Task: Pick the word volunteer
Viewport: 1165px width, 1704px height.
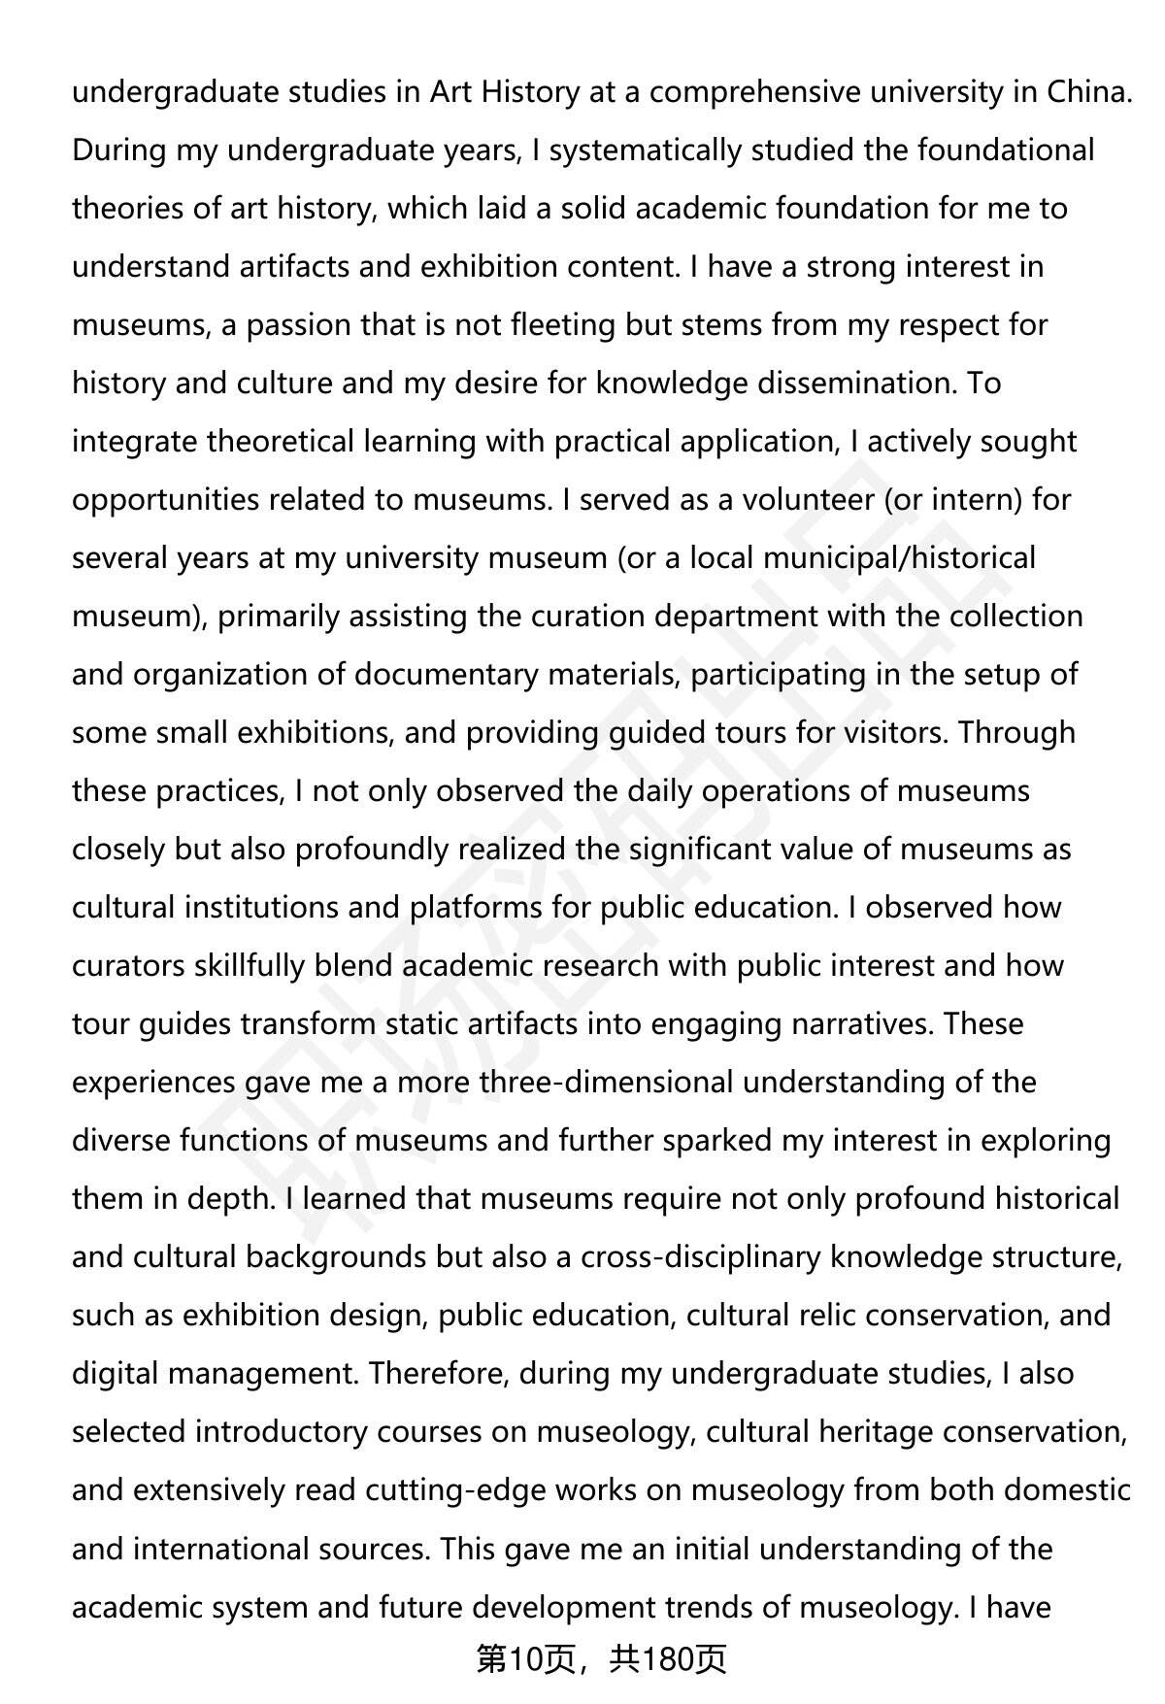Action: [807, 500]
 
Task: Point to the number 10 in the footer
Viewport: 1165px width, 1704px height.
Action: [524, 1660]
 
